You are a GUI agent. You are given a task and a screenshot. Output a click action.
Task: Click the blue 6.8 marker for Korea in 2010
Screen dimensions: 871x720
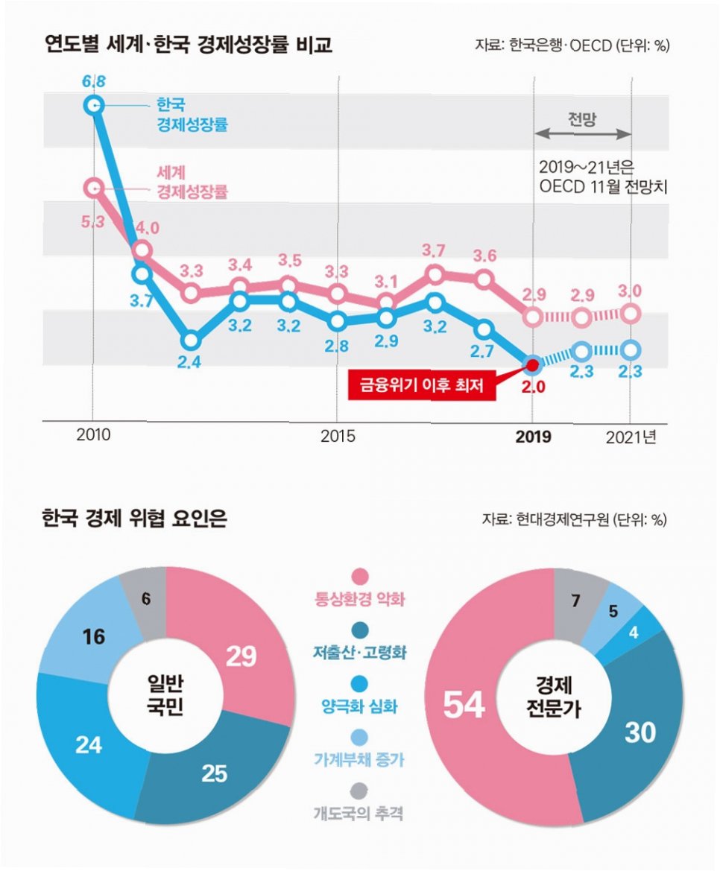[x=93, y=106]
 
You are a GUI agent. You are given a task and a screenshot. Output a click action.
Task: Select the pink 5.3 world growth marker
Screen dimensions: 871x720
[x=93, y=188]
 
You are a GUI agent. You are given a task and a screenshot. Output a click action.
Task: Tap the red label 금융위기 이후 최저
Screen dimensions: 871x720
[x=422, y=386]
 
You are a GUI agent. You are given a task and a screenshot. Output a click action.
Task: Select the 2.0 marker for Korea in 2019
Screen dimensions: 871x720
[x=533, y=365]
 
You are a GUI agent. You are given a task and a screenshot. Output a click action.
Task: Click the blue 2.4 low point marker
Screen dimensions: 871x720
[x=191, y=341]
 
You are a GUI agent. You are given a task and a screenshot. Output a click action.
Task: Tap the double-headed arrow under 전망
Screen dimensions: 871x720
[x=583, y=134]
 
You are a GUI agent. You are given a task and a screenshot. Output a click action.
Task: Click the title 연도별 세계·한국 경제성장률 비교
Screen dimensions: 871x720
[x=188, y=45]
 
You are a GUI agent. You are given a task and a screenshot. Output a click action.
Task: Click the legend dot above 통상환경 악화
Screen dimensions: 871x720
[x=360, y=576]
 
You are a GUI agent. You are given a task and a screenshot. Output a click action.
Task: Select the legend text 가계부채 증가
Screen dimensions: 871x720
[x=360, y=760]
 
